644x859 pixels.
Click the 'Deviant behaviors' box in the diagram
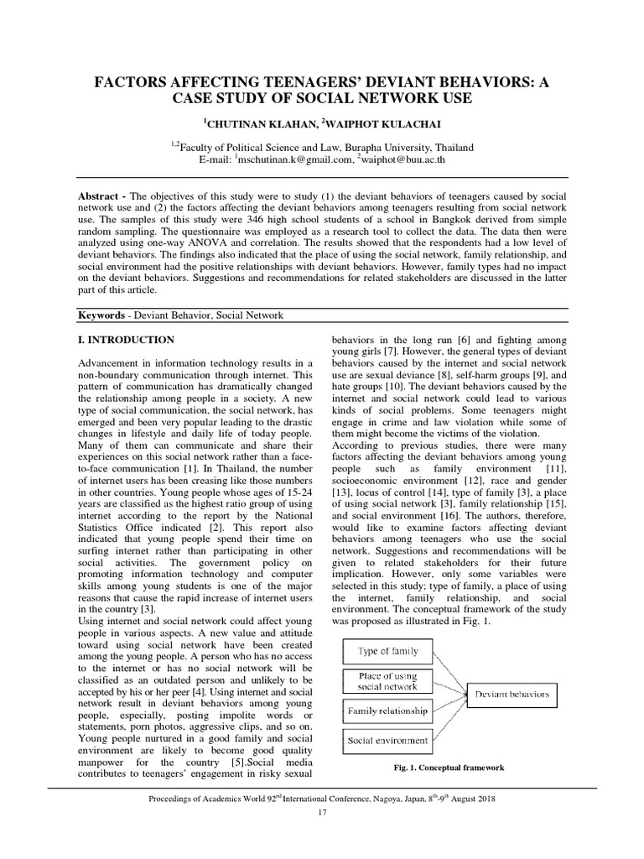tap(512, 694)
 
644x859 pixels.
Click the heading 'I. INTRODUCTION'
tap(127, 340)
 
